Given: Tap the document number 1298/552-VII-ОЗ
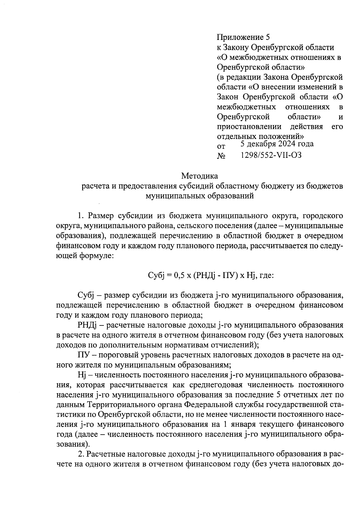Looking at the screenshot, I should (271, 155).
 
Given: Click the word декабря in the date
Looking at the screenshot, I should (261, 144).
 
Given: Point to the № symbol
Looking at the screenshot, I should (221, 156).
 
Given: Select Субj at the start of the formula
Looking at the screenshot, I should (155, 275).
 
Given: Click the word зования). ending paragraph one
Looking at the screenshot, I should (73, 444).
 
